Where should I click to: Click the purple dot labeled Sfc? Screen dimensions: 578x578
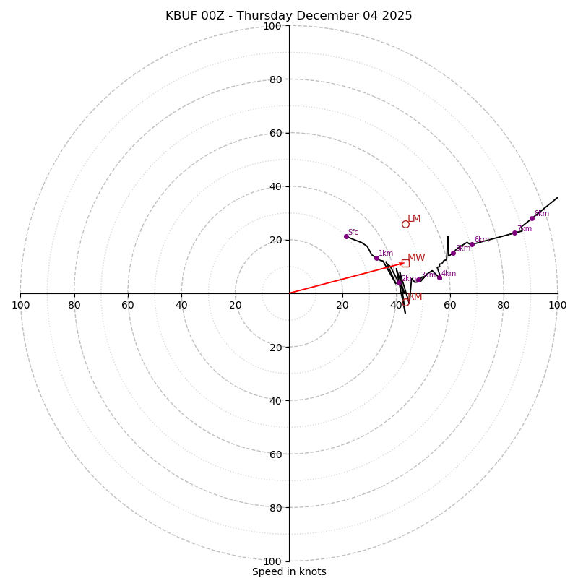[x=346, y=236]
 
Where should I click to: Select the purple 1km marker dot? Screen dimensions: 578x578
[x=376, y=258]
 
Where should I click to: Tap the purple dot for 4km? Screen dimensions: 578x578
[x=439, y=277]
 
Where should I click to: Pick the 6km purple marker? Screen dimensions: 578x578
[x=472, y=244]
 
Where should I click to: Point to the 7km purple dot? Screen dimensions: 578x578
[x=514, y=233]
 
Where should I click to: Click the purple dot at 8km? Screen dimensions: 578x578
[x=532, y=218]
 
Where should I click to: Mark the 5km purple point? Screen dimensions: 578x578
[x=453, y=253]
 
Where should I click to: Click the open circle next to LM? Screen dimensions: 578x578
[x=405, y=224]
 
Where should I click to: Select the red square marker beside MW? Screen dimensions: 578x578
[x=405, y=263]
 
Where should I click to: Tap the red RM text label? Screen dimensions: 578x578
[x=415, y=297]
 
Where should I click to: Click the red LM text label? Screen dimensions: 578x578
[x=414, y=219]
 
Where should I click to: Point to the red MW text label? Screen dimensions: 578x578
[x=416, y=258]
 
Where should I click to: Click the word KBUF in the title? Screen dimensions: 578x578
[x=181, y=16]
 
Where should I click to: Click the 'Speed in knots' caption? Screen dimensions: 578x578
[x=289, y=571]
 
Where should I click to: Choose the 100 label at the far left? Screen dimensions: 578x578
[x=20, y=305]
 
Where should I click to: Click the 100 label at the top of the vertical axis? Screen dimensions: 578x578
[x=272, y=26]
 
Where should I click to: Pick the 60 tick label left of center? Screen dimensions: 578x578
[x=128, y=305]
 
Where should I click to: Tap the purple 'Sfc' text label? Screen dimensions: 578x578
[x=353, y=232]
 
